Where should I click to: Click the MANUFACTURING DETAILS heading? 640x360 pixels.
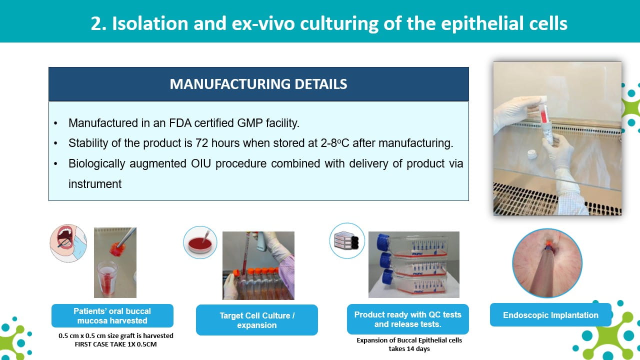tap(258, 84)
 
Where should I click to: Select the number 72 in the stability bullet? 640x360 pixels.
tap(201, 143)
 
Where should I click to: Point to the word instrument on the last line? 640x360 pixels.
tap(95, 184)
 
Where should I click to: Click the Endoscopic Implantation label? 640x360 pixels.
tap(550, 315)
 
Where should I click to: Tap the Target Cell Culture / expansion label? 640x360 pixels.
tap(257, 320)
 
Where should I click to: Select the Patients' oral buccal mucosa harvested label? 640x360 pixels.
tap(112, 315)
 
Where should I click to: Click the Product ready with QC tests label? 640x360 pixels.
tap(407, 319)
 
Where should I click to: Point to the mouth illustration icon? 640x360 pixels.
tap(68, 243)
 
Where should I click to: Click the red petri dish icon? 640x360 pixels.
tap(200, 242)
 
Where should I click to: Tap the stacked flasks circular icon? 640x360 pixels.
tap(347, 240)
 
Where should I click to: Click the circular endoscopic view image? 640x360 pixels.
tap(547, 263)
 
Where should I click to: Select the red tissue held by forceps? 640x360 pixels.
tap(117, 249)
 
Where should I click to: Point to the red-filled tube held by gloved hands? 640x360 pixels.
tap(546, 121)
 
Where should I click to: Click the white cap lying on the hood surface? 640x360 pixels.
tap(531, 154)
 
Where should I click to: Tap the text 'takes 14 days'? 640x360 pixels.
tap(409, 349)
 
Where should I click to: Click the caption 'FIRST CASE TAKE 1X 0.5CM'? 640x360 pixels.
tap(115, 344)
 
